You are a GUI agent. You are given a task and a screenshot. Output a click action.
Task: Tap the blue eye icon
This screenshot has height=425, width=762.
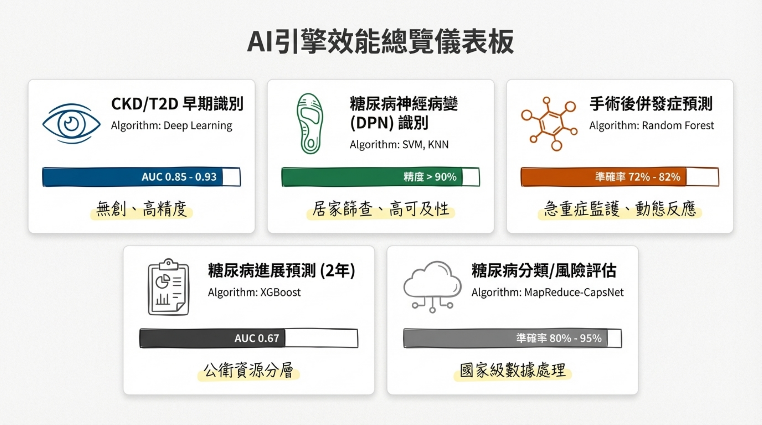point(71,123)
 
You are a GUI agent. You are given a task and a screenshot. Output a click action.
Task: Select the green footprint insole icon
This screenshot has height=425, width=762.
point(310,123)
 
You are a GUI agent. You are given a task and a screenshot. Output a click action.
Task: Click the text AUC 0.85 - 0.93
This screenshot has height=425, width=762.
point(179,177)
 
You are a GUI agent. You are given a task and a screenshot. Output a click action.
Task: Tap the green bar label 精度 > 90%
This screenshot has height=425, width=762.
point(430,177)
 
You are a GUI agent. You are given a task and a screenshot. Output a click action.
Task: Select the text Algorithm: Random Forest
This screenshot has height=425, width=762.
point(651,126)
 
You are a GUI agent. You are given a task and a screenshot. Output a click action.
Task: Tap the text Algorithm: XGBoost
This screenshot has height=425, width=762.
point(254,292)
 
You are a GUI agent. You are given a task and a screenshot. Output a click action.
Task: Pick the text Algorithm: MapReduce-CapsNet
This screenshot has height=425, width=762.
point(548,292)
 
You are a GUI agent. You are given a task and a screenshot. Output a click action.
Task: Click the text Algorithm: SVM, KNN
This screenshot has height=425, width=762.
point(399,145)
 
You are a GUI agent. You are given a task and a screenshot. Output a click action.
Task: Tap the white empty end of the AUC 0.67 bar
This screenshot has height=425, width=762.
point(321,338)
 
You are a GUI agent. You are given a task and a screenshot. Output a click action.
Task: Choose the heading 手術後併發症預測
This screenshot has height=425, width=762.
point(651,104)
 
